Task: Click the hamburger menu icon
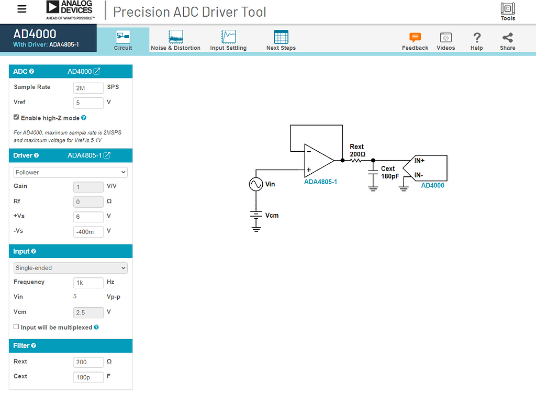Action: pos(21,9)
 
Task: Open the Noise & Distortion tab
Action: pos(175,40)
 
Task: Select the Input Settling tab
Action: pos(228,40)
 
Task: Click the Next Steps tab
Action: pos(281,40)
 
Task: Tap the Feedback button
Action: pos(415,41)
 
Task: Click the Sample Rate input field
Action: pos(88,88)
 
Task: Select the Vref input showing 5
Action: pos(88,103)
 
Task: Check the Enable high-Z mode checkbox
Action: pos(16,117)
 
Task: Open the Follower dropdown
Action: pos(70,172)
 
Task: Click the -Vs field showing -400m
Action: pos(88,231)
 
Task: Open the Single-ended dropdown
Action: pos(70,268)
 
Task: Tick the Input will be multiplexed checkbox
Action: pos(16,327)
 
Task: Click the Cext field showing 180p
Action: pos(88,377)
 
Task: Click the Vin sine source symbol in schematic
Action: pos(255,185)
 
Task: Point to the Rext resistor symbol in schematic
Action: pos(357,160)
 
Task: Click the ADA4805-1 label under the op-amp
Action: pos(321,182)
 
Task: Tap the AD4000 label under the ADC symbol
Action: pos(432,185)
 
